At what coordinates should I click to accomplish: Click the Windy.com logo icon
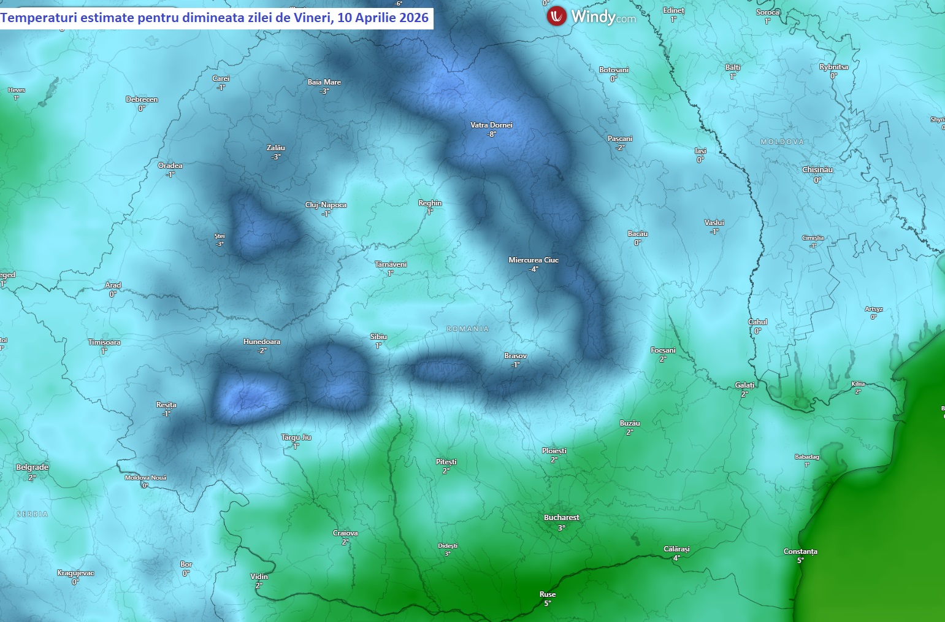click(557, 16)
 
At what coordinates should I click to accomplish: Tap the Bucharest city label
click(561, 518)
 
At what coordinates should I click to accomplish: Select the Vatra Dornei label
click(491, 125)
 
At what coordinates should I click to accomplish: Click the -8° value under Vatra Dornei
click(491, 134)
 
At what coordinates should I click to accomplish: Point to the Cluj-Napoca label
click(326, 205)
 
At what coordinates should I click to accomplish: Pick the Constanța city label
click(800, 551)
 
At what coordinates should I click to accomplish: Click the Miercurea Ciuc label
click(534, 260)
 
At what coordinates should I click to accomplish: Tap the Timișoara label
click(104, 342)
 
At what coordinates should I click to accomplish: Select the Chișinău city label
click(817, 170)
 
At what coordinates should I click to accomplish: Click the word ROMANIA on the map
click(468, 329)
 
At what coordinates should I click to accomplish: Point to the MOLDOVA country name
click(782, 142)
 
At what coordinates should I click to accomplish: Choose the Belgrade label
click(32, 467)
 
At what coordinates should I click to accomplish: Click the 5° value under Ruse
click(547, 603)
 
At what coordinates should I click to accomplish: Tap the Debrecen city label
click(142, 99)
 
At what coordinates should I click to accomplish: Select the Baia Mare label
click(324, 82)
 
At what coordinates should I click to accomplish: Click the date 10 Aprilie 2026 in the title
click(383, 18)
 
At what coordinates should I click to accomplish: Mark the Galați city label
click(744, 385)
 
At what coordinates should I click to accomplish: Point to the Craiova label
click(345, 533)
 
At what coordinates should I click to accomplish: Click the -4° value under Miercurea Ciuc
click(534, 269)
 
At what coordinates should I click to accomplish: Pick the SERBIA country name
click(32, 514)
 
